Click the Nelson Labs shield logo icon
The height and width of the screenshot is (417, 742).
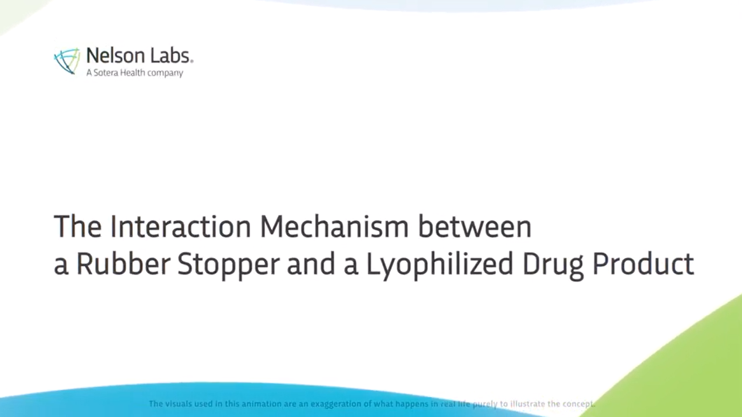click(x=67, y=61)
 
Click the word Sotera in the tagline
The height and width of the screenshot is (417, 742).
click(x=105, y=73)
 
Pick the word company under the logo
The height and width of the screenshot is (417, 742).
click(x=165, y=74)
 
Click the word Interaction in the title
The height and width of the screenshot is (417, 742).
click(x=181, y=227)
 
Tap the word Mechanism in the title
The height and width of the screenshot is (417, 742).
click(x=335, y=227)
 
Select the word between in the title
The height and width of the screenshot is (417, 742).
click(x=475, y=227)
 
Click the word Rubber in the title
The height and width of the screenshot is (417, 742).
click(x=123, y=264)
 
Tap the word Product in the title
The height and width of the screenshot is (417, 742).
click(x=643, y=264)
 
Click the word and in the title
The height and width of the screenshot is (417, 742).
click(x=311, y=264)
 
